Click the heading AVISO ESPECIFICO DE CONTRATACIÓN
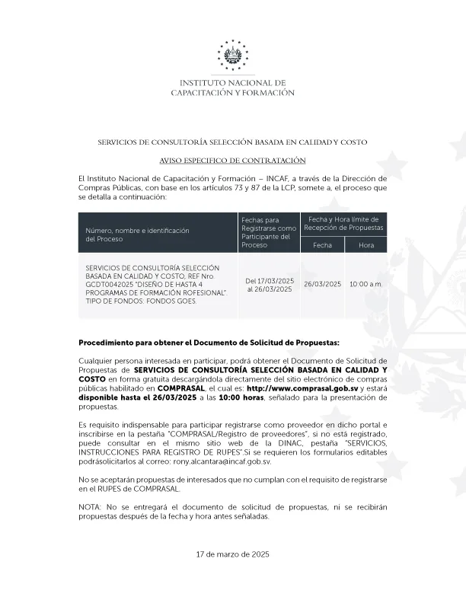tap(232, 161)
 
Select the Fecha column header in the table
tap(322, 245)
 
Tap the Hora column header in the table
tap(366, 245)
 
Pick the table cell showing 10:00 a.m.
tap(365, 284)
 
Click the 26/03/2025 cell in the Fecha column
tap(322, 284)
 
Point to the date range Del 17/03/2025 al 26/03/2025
tap(269, 285)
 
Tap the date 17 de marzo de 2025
tap(233, 554)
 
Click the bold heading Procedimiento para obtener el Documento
tap(209, 343)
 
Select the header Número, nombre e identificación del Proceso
tap(137, 234)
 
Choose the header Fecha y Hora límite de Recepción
tap(343, 223)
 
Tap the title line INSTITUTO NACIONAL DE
tap(232, 82)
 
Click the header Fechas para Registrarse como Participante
tap(269, 232)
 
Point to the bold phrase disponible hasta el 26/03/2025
tap(138, 397)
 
